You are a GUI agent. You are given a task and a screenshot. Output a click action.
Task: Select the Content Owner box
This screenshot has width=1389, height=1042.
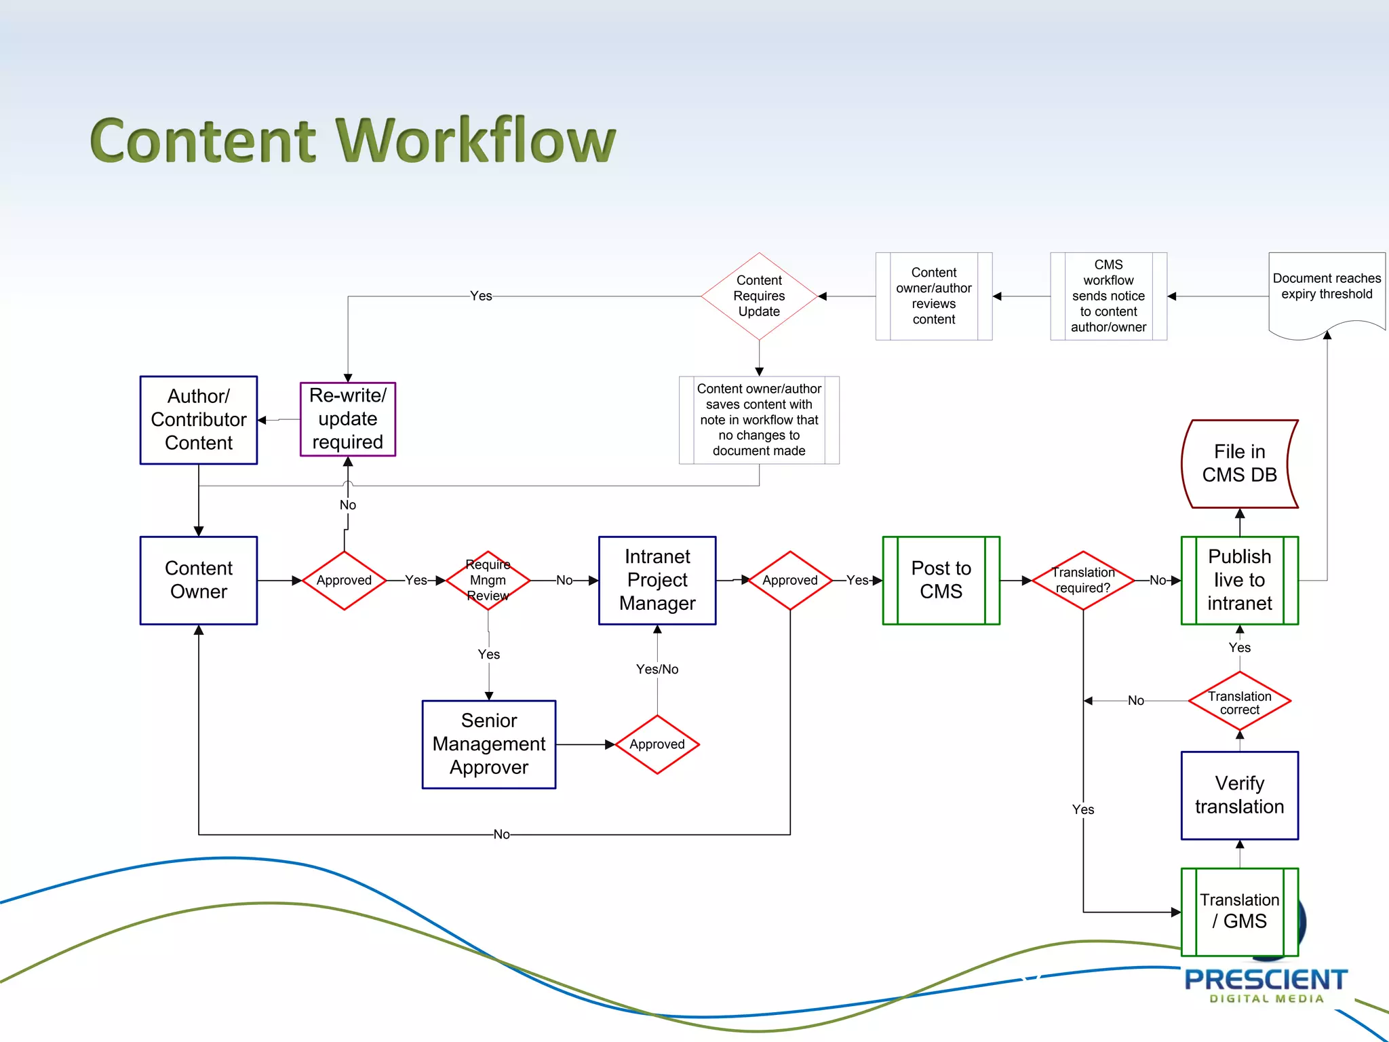click(x=198, y=580)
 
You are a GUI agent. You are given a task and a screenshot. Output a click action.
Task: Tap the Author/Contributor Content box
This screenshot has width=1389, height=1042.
click(x=198, y=420)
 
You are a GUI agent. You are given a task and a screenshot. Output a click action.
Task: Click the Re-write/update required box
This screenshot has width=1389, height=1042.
click(x=347, y=419)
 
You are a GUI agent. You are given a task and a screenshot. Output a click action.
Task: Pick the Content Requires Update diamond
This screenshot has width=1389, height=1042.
click(x=759, y=296)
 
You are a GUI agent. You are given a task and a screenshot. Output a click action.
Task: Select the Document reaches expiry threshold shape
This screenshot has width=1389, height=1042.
click(x=1326, y=288)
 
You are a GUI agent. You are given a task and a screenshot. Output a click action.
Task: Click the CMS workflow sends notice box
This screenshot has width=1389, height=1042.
click(x=1108, y=296)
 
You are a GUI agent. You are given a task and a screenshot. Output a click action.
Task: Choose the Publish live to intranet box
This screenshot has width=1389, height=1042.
click(x=1239, y=580)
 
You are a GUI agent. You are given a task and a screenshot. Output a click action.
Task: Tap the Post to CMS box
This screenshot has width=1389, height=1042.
click(x=941, y=580)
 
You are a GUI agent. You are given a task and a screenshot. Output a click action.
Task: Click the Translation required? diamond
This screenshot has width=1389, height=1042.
click(x=1082, y=580)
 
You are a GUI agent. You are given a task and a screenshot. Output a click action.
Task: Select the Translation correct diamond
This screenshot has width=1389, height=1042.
click(x=1239, y=701)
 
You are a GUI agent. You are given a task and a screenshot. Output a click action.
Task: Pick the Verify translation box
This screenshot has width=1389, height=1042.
click(x=1239, y=795)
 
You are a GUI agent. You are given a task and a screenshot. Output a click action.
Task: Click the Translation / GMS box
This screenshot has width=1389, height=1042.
click(x=1239, y=911)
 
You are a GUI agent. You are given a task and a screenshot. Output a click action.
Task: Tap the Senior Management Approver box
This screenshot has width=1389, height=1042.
click(x=488, y=744)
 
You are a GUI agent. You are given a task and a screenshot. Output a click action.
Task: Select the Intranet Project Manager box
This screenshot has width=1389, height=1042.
click(x=657, y=580)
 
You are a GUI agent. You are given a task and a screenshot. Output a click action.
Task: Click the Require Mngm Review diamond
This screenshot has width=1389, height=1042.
click(x=488, y=580)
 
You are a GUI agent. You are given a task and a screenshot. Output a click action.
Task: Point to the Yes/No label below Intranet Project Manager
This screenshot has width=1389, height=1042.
click(x=657, y=670)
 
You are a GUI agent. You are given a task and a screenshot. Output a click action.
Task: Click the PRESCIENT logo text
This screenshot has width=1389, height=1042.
click(x=1265, y=980)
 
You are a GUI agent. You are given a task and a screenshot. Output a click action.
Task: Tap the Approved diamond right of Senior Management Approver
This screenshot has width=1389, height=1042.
click(x=657, y=744)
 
